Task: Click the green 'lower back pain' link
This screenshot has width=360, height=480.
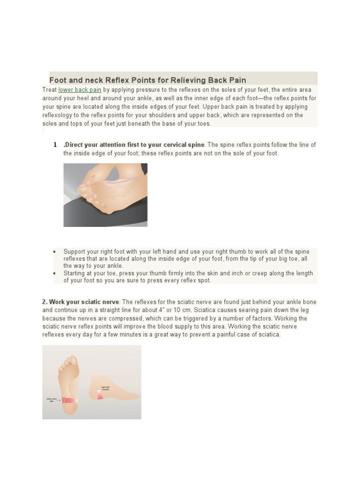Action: click(80, 90)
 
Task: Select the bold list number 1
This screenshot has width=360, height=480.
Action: click(55, 145)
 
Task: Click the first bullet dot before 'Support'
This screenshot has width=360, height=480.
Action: click(55, 252)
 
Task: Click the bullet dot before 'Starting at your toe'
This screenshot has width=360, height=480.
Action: click(55, 273)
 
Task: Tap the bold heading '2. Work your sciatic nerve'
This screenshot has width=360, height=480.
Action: click(81, 302)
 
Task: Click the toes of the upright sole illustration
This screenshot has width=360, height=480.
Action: click(69, 361)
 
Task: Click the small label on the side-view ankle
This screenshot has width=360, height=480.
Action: click(105, 388)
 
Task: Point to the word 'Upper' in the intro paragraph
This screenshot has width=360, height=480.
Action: click(213, 106)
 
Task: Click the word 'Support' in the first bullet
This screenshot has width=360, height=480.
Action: click(75, 252)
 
